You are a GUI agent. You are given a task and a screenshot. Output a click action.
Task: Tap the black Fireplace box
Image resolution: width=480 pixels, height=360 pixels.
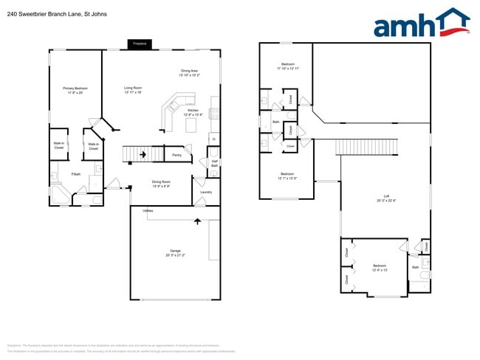coord(139,44)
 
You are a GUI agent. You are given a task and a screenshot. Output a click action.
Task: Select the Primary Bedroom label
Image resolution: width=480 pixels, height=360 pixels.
coord(75,91)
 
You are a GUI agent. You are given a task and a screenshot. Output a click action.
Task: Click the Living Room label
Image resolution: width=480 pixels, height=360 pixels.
coord(133,91)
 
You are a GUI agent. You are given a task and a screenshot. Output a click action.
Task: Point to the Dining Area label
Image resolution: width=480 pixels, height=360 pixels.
coord(188,73)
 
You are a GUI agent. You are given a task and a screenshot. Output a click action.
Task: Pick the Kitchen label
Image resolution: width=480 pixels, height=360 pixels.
coord(193,113)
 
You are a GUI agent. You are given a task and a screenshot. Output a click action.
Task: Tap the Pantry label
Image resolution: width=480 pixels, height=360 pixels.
coord(176,155)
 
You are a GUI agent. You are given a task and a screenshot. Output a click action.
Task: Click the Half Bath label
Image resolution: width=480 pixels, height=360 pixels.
coord(214,164)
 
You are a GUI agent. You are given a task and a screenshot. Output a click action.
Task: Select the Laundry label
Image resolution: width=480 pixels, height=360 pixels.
coord(206,193)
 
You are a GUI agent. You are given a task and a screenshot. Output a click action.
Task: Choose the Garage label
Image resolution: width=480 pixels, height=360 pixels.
coord(174,253)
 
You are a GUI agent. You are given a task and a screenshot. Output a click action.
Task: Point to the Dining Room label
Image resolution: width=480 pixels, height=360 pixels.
coord(161,184)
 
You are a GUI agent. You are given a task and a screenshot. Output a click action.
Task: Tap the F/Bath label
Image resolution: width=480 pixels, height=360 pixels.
coord(75,174)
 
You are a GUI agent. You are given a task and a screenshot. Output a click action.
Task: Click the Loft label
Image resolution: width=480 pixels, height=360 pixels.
coord(386,198)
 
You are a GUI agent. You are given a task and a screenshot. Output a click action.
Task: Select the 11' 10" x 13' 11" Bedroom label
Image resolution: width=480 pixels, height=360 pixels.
coord(287,66)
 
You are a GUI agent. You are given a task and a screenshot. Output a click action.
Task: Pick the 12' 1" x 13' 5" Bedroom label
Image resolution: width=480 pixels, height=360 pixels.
coord(287,176)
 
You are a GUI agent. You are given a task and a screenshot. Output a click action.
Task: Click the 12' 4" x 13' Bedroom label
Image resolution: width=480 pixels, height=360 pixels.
coord(379,267)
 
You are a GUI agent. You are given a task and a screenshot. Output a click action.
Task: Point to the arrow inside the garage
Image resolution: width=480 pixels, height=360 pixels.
coord(197,220)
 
